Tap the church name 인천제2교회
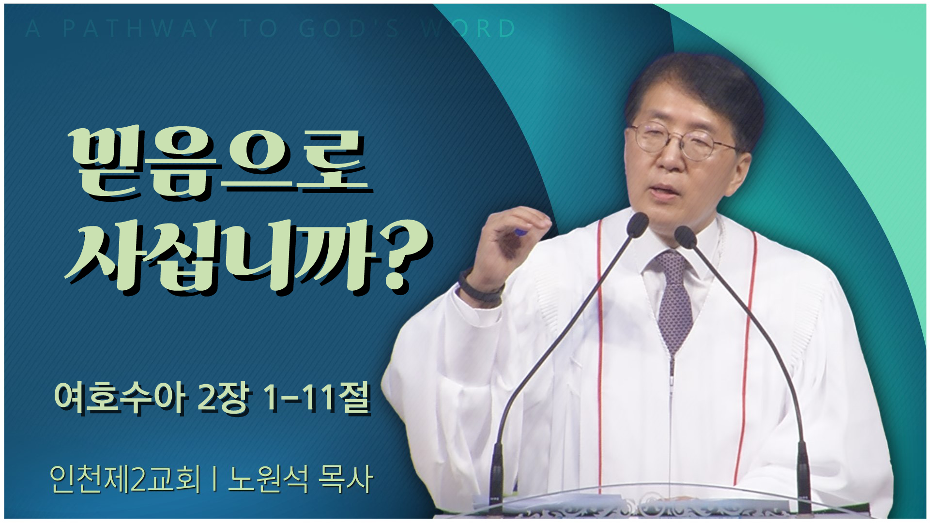125,479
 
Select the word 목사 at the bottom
345,479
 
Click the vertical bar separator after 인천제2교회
214,479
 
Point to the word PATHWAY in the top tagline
140,29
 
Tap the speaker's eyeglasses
683,140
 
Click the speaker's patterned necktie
674,300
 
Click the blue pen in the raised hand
521,233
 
